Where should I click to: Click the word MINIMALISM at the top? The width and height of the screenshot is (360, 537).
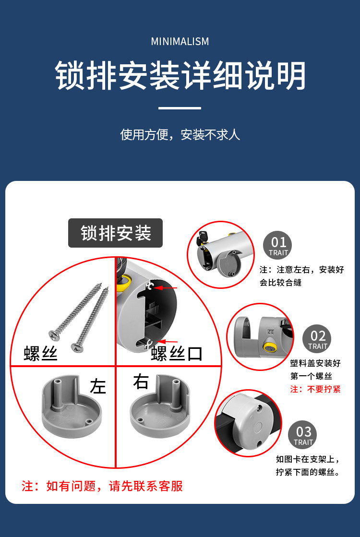click(180, 41)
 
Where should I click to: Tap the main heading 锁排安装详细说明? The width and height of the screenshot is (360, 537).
click(180, 76)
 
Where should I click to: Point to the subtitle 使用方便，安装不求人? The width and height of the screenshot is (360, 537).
click(180, 134)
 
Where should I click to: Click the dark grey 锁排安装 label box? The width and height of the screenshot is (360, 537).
click(115, 233)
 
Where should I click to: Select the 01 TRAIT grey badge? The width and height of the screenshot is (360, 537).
click(277, 245)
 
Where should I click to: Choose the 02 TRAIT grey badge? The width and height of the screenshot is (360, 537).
click(317, 339)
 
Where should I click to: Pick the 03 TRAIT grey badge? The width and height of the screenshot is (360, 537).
click(302, 435)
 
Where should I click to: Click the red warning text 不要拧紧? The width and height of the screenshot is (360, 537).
click(324, 389)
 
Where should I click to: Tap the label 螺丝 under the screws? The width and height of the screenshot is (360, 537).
click(40, 353)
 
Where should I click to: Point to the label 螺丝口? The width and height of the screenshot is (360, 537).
click(177, 354)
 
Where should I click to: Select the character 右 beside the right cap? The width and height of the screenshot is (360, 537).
click(141, 382)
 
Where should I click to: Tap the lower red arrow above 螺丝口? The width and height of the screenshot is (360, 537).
click(168, 342)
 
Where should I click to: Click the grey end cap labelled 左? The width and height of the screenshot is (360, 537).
click(72, 406)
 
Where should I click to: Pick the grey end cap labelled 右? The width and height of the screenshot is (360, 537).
click(160, 406)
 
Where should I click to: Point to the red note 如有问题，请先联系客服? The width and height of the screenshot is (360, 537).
click(102, 486)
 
